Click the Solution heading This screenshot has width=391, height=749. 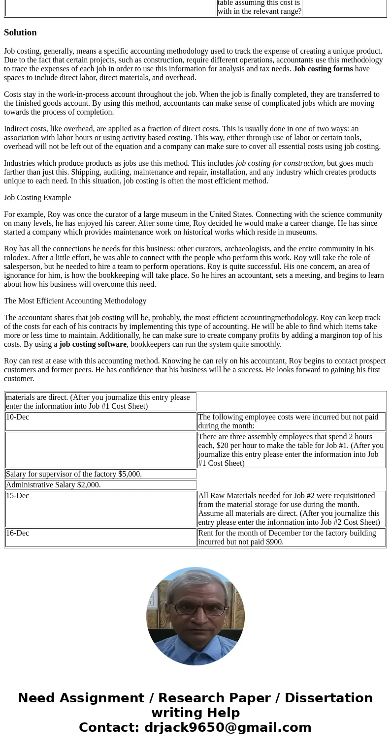coord(20,32)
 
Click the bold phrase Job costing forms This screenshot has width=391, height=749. coord(323,69)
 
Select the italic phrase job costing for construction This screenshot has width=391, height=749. coord(279,163)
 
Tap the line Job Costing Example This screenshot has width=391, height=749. coord(37,198)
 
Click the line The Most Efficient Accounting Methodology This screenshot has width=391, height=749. coord(75,301)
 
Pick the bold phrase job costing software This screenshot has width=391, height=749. coord(93,344)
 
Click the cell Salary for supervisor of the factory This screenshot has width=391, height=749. coord(74,474)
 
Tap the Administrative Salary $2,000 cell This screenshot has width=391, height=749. coord(53,485)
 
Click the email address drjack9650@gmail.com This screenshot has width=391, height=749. coord(228,727)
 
